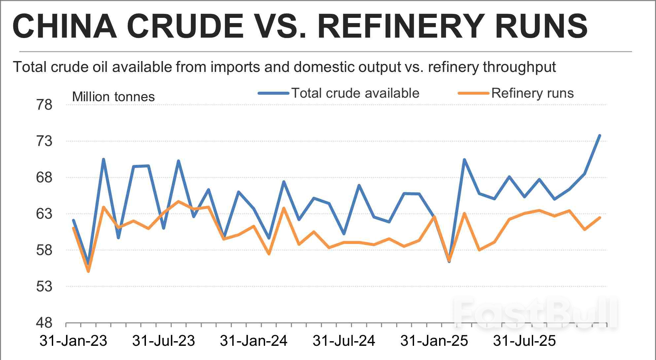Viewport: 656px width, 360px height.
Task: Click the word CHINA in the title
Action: (65, 26)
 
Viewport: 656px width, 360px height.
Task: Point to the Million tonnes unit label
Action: (113, 97)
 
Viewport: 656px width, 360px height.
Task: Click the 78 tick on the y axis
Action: (44, 105)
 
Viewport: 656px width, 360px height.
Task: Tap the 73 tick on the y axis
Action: (44, 141)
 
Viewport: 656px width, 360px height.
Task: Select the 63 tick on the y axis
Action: (44, 214)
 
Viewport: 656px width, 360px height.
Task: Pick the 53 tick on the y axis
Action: (44, 286)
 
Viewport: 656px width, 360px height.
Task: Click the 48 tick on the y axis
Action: (44, 323)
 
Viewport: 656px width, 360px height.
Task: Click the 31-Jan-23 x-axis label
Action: (73, 341)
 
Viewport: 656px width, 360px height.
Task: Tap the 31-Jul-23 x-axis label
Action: (163, 341)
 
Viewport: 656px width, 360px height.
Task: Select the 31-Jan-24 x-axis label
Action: (254, 341)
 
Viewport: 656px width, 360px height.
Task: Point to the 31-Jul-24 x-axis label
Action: (344, 341)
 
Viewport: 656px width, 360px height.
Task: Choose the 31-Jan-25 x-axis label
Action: (434, 341)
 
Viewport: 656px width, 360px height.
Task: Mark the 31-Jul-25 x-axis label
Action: (524, 341)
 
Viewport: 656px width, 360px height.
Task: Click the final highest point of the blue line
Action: (600, 136)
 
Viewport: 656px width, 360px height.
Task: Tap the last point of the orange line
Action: (600, 218)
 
